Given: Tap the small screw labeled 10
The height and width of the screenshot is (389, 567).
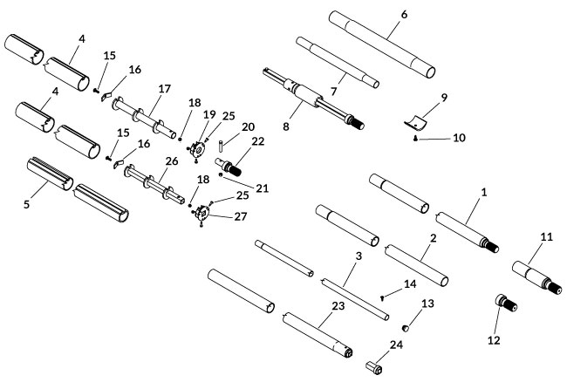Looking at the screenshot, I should [x=416, y=138].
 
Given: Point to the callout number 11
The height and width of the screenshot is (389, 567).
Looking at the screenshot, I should [x=547, y=238].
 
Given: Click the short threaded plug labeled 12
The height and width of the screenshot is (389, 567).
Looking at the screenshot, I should [x=503, y=307].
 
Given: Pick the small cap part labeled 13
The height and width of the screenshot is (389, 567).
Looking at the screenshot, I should [x=406, y=328].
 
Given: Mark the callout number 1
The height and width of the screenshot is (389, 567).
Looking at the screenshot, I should [x=485, y=190].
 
